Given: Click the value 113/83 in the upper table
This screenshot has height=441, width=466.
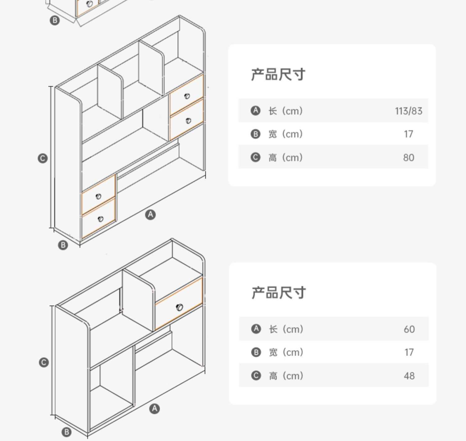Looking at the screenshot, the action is tap(409, 111).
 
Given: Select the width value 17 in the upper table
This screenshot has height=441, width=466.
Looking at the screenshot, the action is tap(409, 134).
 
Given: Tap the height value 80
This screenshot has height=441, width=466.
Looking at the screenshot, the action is tap(409, 157).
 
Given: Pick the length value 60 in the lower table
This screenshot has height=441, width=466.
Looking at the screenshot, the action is tap(409, 329).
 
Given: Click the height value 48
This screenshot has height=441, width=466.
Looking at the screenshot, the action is tap(409, 376).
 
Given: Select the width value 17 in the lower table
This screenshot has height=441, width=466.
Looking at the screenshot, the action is tap(409, 352).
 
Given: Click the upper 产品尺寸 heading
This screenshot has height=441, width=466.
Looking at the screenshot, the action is tap(278, 75).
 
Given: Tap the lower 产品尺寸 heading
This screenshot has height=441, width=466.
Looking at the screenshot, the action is tap(279, 293).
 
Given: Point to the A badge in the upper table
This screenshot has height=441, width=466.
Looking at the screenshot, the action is tap(255, 111).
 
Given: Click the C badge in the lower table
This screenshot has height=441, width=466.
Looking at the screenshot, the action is tap(256, 375).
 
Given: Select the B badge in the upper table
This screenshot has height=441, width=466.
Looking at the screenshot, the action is tap(255, 134).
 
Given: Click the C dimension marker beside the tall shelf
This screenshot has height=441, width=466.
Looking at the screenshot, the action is tap(43, 158).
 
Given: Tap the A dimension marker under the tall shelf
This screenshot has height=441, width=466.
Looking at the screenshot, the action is tap(150, 214).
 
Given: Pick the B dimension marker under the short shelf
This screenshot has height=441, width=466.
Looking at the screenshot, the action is tap(66, 432).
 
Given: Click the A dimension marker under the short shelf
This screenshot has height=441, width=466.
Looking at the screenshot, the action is tap(154, 409).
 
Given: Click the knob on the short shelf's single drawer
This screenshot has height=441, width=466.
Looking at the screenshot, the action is tap(179, 307).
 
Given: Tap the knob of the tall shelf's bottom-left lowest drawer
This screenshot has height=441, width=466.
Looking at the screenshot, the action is tap(100, 219).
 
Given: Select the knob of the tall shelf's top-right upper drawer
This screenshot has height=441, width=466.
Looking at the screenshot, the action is tap(187, 96).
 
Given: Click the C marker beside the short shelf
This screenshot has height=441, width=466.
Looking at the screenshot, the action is tap(44, 362).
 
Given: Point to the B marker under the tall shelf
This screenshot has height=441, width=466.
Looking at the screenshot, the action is tap(63, 245).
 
